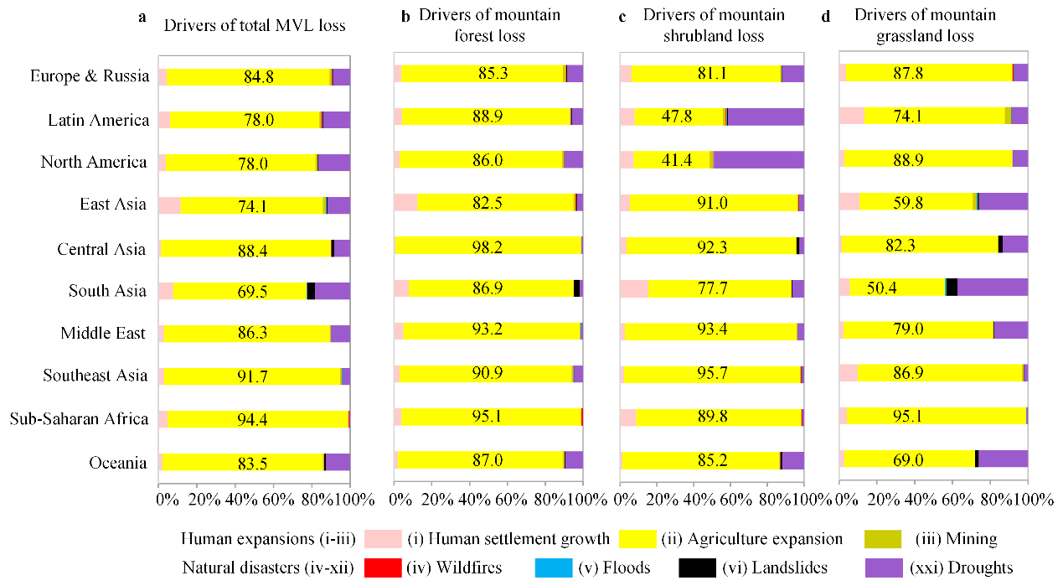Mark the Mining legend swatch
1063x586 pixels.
(879, 539)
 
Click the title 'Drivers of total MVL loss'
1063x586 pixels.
(254, 25)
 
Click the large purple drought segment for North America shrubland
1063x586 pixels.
(758, 160)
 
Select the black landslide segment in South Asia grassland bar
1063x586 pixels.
(952, 287)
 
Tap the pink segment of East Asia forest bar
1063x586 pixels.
(405, 202)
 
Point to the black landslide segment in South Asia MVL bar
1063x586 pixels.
(311, 291)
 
